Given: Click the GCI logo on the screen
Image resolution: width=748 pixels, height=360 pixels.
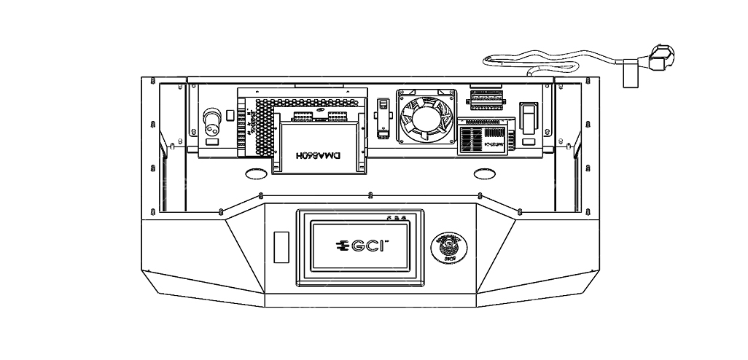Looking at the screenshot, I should pyautogui.click(x=359, y=246).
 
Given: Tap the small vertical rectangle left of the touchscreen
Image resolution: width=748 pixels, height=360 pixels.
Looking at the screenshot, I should pyautogui.click(x=281, y=246).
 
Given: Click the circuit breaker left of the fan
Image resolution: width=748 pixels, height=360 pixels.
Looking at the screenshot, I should pyautogui.click(x=380, y=117).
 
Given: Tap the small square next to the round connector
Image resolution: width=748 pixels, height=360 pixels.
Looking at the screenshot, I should pyautogui.click(x=231, y=114).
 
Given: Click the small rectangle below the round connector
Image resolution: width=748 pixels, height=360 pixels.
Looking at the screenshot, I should pyautogui.click(x=213, y=143).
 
